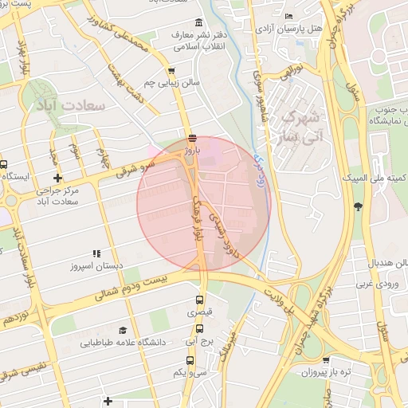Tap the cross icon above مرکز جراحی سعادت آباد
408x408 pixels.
(x=57, y=178)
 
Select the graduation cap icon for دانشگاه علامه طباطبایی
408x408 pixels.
(x=123, y=330)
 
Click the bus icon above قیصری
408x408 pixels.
(x=200, y=300)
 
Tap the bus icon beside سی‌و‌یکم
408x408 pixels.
(x=177, y=372)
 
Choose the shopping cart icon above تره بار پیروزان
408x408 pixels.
(x=326, y=359)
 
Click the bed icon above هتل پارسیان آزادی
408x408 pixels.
(x=288, y=16)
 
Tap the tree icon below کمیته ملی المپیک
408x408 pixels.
(x=358, y=206)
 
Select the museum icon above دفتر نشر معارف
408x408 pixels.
(x=198, y=22)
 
